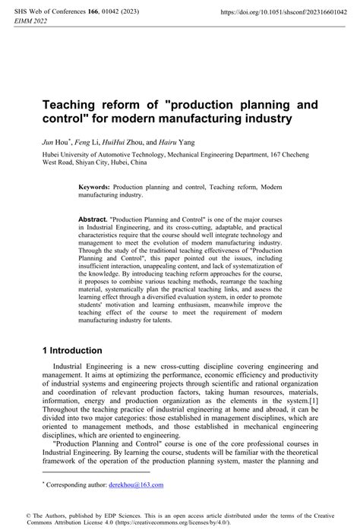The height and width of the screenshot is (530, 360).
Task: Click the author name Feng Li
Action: (x=84, y=141)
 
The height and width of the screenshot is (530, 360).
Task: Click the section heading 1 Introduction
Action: (x=71, y=351)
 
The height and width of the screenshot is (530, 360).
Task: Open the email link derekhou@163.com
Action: (x=137, y=484)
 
